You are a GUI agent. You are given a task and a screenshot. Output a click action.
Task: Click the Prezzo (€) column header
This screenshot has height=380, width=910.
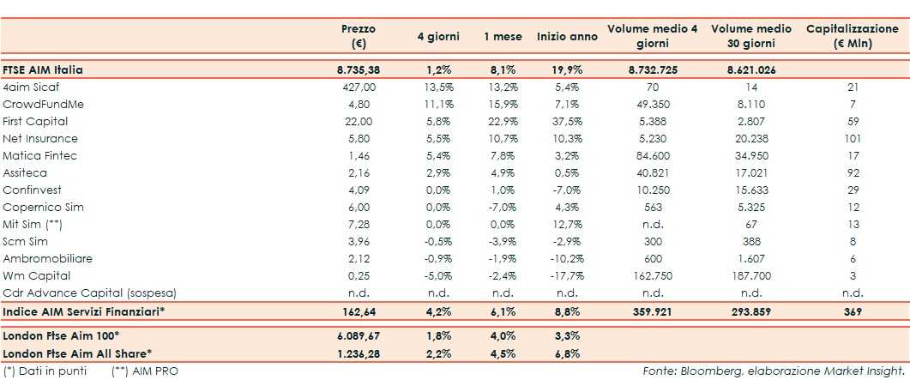[x=358, y=35]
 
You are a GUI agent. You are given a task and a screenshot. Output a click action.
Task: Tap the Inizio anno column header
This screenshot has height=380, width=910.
[x=567, y=37]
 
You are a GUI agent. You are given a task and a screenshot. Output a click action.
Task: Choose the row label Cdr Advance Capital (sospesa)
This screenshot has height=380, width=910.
[x=78, y=293]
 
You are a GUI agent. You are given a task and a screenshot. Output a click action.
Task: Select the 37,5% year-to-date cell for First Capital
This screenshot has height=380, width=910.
[x=567, y=121]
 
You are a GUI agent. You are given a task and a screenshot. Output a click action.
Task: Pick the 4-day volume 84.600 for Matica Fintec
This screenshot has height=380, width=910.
[x=652, y=155]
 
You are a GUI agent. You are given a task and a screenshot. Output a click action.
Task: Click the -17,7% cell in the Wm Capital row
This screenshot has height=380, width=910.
[x=567, y=275]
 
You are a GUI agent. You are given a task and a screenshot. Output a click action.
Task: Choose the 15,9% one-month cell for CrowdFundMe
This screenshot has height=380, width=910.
[x=498, y=104]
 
